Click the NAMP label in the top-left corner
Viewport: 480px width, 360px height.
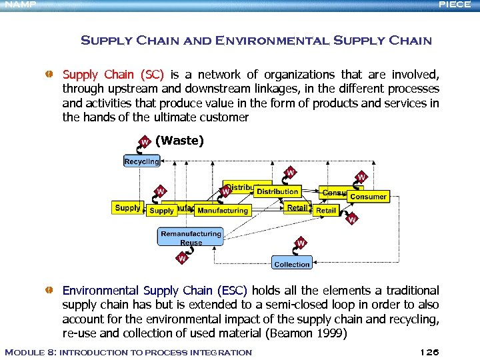pyautogui.click(x=18, y=5)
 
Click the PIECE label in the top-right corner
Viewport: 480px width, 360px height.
pyautogui.click(x=455, y=5)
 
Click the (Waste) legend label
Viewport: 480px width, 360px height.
pyautogui.click(x=179, y=141)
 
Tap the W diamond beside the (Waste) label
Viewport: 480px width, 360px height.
pyautogui.click(x=143, y=141)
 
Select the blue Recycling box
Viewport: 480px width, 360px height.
pyautogui.click(x=141, y=161)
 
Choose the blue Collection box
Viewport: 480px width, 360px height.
pyautogui.click(x=292, y=263)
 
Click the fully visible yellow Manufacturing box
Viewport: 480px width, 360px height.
pyautogui.click(x=223, y=211)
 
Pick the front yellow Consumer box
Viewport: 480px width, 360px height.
pyautogui.click(x=368, y=197)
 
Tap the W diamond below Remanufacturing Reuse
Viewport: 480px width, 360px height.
pyautogui.click(x=182, y=258)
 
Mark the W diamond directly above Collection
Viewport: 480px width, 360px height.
pyautogui.click(x=301, y=243)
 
